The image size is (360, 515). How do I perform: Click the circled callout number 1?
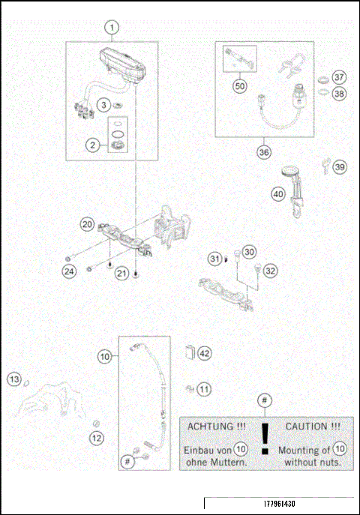point(112,28)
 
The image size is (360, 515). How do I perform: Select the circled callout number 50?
point(240,86)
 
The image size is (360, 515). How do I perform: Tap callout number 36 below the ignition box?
point(263,151)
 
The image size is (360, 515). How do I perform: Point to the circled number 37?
point(340,78)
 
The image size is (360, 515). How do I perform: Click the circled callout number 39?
point(340,167)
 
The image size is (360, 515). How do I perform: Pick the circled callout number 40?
point(278,193)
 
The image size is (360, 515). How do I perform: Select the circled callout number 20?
point(88,224)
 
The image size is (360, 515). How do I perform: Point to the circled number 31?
point(215,259)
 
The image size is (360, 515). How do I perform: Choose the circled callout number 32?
point(271,271)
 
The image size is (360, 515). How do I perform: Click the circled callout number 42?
point(205,352)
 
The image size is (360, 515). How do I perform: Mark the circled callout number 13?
point(14,380)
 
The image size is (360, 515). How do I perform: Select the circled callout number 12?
point(97,437)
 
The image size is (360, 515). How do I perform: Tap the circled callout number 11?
point(205,389)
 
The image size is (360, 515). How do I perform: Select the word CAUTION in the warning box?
point(307,426)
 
